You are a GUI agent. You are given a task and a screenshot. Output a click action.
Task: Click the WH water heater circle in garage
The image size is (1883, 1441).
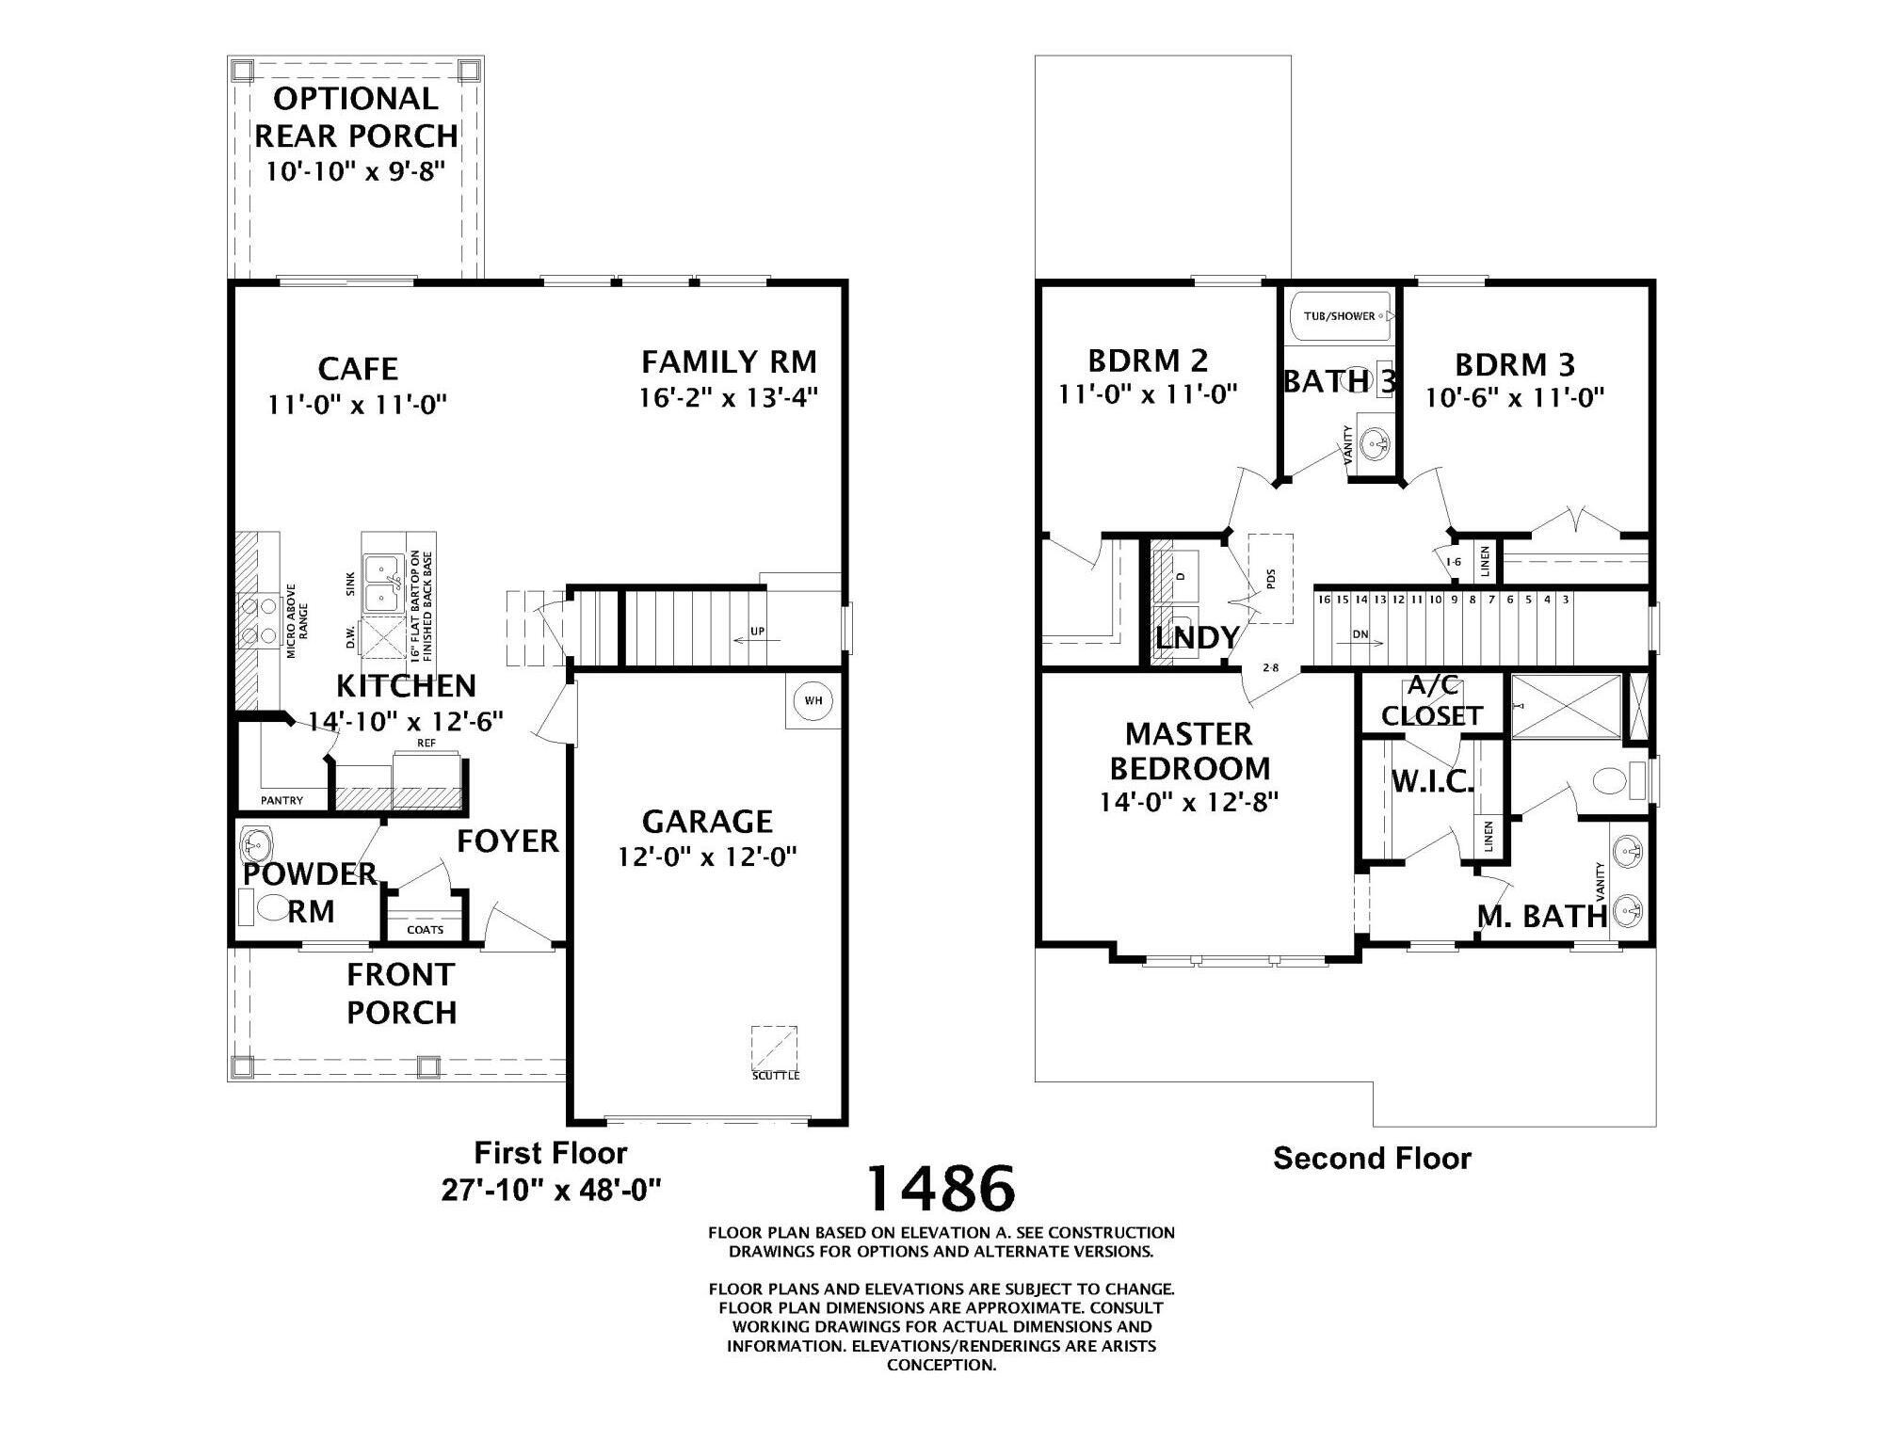[813, 700]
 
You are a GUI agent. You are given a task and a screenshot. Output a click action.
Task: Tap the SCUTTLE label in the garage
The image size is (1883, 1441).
[776, 1075]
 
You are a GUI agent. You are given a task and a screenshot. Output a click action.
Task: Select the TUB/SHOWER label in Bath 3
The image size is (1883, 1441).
[1339, 316]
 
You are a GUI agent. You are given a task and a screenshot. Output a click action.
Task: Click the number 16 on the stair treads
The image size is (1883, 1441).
[1324, 600]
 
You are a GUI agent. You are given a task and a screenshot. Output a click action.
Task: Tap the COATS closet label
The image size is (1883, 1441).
[426, 930]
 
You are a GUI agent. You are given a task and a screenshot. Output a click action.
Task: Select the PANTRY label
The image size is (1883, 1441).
[282, 800]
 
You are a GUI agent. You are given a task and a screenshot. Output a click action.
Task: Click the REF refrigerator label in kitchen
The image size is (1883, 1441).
[426, 743]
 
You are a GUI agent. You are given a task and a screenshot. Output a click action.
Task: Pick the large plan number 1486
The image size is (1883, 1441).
[941, 1188]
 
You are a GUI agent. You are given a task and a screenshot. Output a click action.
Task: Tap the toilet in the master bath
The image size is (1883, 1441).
[1611, 781]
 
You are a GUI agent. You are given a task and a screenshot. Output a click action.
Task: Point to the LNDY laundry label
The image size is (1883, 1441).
[1197, 638]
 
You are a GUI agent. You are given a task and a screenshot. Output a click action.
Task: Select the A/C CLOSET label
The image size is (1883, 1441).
[1432, 701]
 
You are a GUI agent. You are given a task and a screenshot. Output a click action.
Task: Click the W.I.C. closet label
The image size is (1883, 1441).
[1432, 781]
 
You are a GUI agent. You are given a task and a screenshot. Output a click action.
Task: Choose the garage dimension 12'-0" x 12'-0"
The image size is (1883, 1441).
[707, 857]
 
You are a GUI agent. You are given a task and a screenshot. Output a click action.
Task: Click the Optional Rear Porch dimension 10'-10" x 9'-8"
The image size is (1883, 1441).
[355, 172]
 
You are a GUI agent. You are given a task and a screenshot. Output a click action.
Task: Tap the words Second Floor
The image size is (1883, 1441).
[1372, 1159]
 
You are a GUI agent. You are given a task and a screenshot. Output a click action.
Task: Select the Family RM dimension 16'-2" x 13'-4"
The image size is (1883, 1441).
[728, 397]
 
